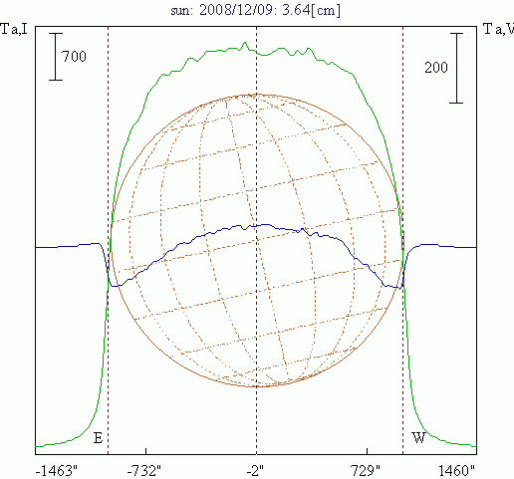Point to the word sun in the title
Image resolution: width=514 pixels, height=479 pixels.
coord(181,11)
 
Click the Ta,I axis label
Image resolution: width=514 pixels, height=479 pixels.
coord(14,29)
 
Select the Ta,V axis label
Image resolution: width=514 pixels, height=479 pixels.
coord(498,29)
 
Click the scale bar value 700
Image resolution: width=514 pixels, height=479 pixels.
coord(74,57)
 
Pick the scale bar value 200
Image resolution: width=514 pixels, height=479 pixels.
coord(436,68)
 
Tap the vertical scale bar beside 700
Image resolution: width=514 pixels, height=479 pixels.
coord(56,57)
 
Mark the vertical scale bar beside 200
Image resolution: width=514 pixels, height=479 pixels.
coord(456,68)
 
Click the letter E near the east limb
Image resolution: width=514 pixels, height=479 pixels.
coord(98,438)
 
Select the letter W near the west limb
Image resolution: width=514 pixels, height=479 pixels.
coord(418,438)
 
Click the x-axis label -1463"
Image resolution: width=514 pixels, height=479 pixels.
coord(57,471)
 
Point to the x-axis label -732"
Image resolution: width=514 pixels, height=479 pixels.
coord(144,471)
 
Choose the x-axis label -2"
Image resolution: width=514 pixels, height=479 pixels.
coord(255,471)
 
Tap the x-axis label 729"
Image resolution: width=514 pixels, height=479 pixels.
coord(366,471)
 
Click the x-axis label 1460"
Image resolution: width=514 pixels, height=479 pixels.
coord(456,471)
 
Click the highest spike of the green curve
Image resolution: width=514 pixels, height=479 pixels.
coord(245,42)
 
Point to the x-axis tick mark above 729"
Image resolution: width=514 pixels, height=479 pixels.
coord(367,451)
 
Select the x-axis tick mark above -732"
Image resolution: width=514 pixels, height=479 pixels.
coord(145,451)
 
